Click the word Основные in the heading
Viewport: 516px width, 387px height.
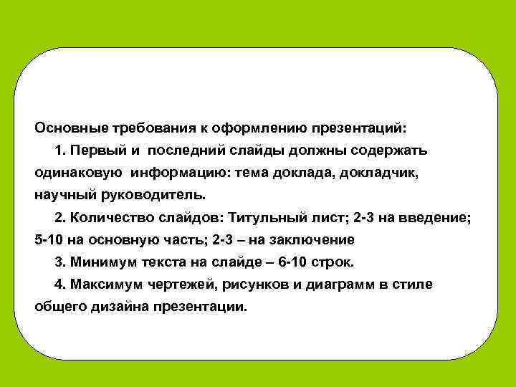tap(72, 128)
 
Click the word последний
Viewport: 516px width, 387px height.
tap(191, 150)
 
